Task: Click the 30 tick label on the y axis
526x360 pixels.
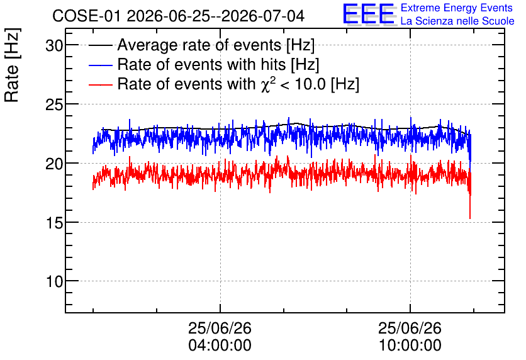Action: click(54, 45)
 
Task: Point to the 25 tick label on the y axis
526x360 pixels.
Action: click(54, 104)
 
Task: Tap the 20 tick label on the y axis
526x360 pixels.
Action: click(54, 164)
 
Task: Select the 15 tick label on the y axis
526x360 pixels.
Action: click(54, 223)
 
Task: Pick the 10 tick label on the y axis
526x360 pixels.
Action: click(54, 281)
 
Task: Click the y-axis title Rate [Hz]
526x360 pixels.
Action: click(12, 65)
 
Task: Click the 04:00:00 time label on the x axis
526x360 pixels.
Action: click(220, 345)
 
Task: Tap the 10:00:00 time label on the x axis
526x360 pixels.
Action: click(410, 345)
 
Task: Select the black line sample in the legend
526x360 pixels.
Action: click(100, 45)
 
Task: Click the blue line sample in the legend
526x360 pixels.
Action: click(100, 65)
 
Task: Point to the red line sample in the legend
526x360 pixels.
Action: click(100, 85)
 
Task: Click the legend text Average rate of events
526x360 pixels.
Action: click(199, 45)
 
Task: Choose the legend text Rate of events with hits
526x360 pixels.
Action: click(201, 64)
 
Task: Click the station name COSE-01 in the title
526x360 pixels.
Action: click(86, 16)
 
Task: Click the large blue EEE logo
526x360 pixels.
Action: click(369, 14)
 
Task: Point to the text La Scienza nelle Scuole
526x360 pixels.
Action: click(457, 21)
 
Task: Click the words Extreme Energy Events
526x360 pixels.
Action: click(457, 8)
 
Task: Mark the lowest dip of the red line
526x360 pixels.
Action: click(470, 218)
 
